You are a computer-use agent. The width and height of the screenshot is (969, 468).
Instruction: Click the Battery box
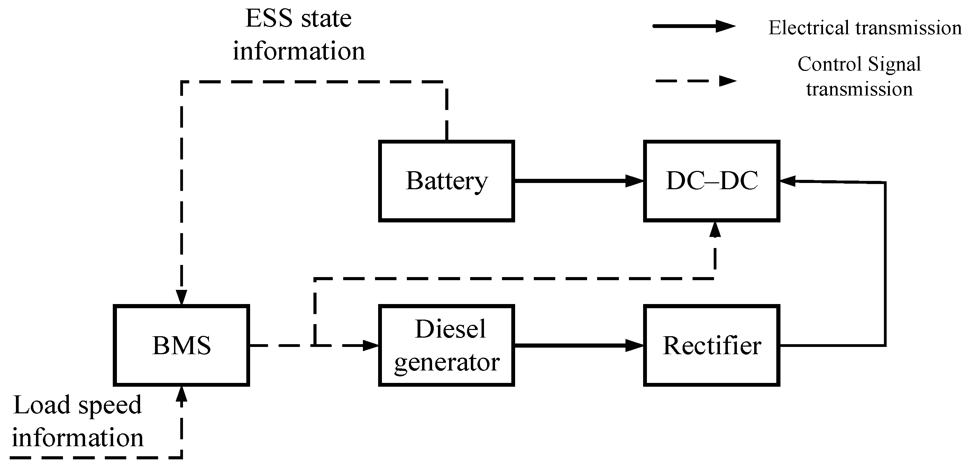tap(446, 181)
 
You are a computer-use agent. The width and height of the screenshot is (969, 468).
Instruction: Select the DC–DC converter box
tap(711, 181)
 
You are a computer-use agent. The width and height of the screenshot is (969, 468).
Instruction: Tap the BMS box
tap(181, 345)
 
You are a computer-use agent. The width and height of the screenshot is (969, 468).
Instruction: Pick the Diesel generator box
tap(446, 345)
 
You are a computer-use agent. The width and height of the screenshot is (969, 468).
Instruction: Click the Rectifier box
tap(711, 345)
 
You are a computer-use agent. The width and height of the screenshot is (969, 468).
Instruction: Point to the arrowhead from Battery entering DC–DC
tap(635, 181)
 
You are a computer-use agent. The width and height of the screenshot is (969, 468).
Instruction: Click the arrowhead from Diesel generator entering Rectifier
tap(635, 345)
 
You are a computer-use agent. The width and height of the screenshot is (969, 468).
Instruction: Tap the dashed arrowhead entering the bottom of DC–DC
tap(715, 229)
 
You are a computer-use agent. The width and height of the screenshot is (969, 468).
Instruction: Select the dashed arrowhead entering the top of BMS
tap(182, 297)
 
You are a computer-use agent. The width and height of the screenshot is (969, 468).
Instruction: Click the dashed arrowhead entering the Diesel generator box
tap(370, 345)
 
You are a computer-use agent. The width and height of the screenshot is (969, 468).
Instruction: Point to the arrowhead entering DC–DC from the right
tap(788, 181)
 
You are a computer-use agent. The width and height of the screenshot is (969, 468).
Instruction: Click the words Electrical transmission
tap(865, 28)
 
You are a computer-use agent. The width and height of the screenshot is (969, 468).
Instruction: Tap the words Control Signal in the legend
tap(859, 64)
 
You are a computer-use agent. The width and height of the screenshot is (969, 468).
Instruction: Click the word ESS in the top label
tap(268, 18)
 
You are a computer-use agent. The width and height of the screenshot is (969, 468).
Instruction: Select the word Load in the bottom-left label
tap(42, 405)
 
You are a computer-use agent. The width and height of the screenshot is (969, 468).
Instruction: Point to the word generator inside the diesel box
tap(447, 363)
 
